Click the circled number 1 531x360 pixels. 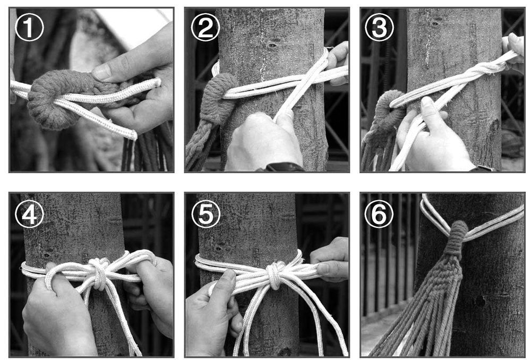29,27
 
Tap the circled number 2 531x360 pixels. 205,27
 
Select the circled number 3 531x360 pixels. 380,27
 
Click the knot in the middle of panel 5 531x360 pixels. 275,275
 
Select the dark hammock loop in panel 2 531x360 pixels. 222,98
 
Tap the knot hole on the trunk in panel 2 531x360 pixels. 272,45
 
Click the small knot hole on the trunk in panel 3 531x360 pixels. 435,24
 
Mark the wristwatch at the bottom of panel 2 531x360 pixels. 285,167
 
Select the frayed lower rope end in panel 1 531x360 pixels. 133,134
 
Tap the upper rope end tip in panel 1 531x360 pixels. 158,82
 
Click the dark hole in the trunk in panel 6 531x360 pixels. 480,301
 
